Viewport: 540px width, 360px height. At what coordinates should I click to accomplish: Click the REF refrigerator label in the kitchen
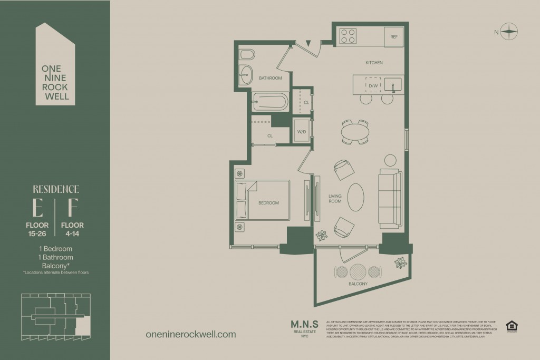393,37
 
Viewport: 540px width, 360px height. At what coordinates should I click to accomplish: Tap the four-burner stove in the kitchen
348,36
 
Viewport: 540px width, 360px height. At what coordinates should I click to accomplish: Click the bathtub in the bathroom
269,101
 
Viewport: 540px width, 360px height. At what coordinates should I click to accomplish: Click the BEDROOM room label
268,203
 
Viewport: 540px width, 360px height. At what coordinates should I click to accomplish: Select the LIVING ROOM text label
335,199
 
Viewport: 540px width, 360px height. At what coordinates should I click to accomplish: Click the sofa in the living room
390,198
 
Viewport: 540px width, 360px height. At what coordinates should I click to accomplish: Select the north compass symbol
509,32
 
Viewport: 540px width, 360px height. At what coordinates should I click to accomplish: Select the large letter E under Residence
37,209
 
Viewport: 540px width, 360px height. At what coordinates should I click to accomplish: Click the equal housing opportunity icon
510,326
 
